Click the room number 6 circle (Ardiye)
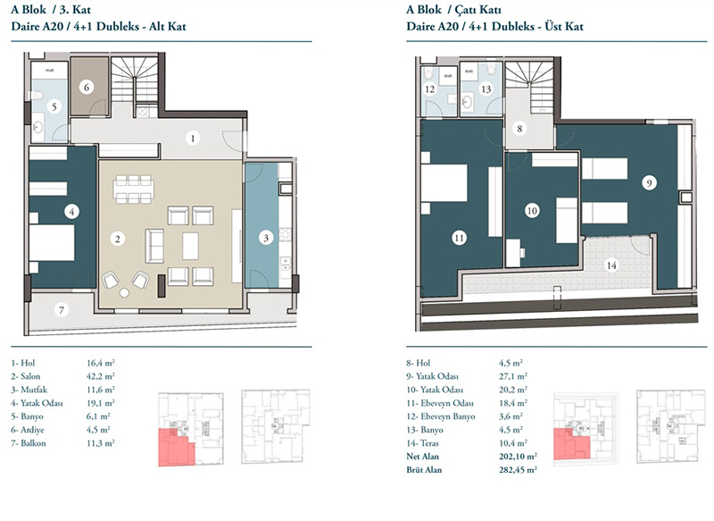click(x=87, y=87)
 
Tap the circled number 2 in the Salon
click(x=118, y=239)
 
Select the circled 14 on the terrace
click(x=611, y=265)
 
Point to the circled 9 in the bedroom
click(x=650, y=183)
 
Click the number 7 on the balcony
click(x=62, y=310)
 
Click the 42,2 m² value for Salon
click(x=101, y=376)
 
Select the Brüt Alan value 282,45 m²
click(x=518, y=469)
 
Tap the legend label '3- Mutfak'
click(x=29, y=390)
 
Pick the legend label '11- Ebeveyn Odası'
click(x=440, y=403)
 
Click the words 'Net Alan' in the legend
click(x=422, y=457)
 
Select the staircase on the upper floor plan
click(x=530, y=88)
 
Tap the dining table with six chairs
click(x=133, y=189)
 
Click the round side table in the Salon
click(x=124, y=292)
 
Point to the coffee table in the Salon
click(x=190, y=246)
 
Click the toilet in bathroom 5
click(x=36, y=96)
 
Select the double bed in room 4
click(x=52, y=243)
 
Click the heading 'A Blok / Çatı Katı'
click(x=454, y=10)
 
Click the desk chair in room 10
click(x=522, y=252)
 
